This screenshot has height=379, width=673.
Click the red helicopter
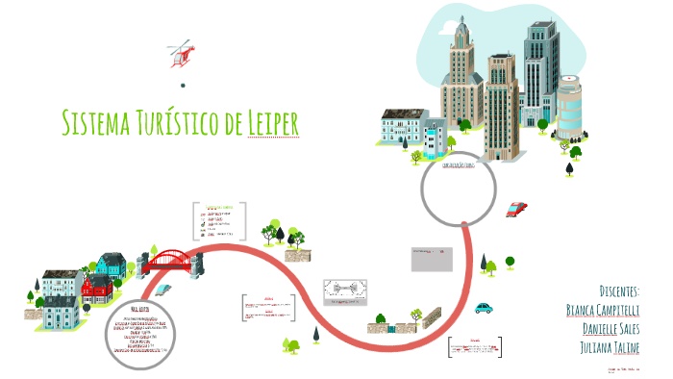(179, 55)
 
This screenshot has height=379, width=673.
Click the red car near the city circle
(516, 209)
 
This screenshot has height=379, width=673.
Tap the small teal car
(484, 308)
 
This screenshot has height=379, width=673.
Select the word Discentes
(619, 291)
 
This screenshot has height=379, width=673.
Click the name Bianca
(586, 310)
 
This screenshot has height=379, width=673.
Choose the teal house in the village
(108, 263)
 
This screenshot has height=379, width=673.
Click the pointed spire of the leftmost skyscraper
(460, 21)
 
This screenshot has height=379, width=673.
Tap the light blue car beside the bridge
(162, 289)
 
